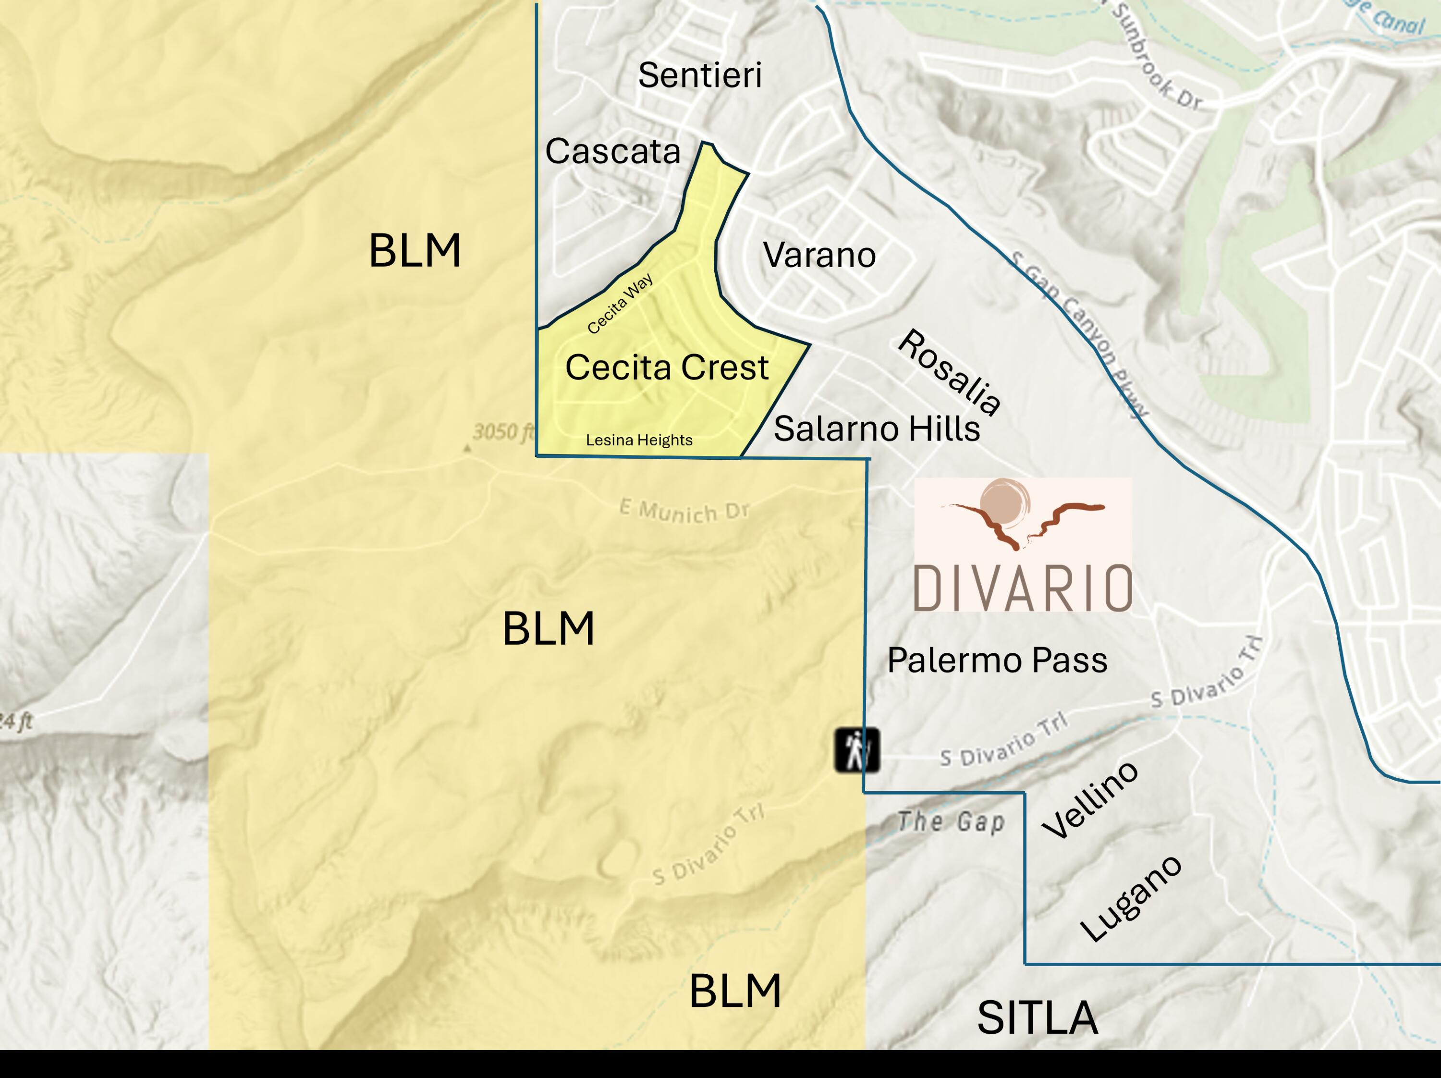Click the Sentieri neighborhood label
tap(700, 75)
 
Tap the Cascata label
tap(613, 151)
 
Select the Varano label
tap(819, 255)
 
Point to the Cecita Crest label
tap(666, 367)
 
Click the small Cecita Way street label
tap(620, 304)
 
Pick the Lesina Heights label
tap(638, 441)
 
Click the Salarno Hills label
tap(876, 429)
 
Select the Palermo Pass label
tap(997, 661)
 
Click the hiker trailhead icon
tap(856, 750)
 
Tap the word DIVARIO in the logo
tap(1023, 588)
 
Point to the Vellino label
tap(1090, 800)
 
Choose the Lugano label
tap(1130, 899)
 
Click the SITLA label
tap(1037, 1018)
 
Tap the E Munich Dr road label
tap(684, 511)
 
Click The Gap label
tap(951, 822)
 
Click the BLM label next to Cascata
tap(415, 251)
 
